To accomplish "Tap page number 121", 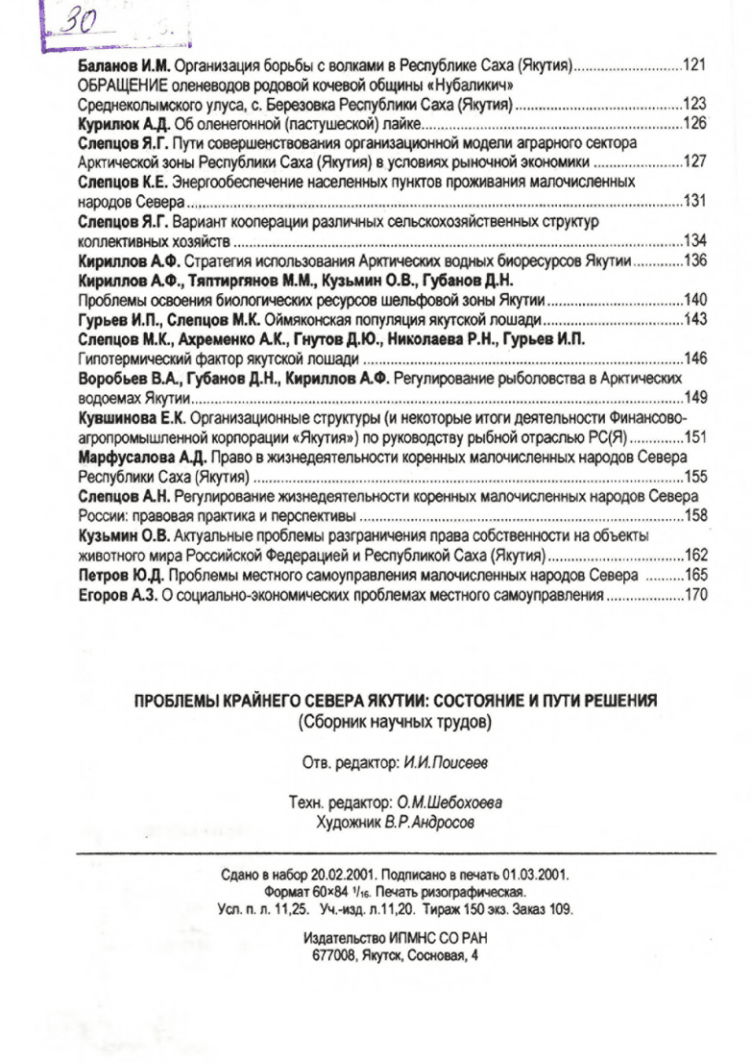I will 694,65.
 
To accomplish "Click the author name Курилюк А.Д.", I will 121,124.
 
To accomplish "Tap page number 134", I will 694,239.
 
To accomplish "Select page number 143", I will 694,318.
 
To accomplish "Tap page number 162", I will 694,555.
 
